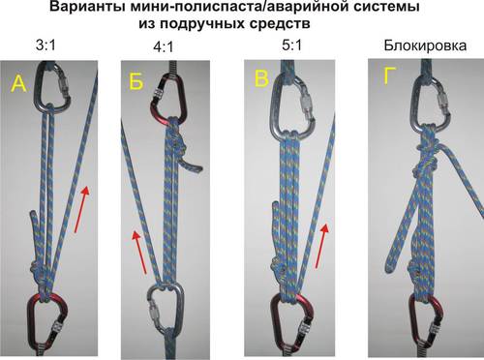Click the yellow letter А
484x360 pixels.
tap(18, 83)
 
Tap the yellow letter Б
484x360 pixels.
tap(136, 80)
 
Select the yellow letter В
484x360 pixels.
tap(261, 77)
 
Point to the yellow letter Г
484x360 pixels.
tap(389, 76)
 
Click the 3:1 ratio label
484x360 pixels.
tap(45, 45)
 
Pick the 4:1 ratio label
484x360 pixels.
tap(164, 47)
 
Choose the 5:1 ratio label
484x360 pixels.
tap(291, 45)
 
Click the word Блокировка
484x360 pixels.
tap(425, 45)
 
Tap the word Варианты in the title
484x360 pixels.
tap(87, 7)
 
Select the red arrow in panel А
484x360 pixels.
tap(81, 209)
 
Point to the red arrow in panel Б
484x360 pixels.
tap(139, 253)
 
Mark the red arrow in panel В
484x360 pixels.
tap(321, 246)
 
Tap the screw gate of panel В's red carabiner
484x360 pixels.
tap(304, 333)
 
